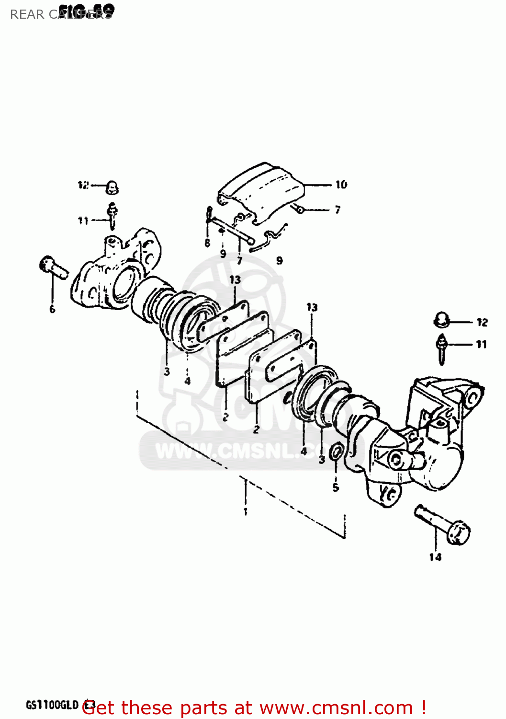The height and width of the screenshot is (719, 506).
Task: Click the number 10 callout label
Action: tap(341, 185)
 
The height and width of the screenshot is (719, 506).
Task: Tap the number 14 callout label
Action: tap(435, 557)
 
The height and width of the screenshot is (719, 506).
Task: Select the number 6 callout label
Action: tap(52, 309)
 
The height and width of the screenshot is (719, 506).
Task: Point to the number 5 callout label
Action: tap(336, 487)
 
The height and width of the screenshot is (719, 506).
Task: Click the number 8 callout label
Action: tap(207, 243)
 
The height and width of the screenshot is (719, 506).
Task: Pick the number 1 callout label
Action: tap(245, 511)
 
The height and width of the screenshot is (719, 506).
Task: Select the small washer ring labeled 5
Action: tap(336, 452)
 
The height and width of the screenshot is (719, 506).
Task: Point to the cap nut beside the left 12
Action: tap(112, 187)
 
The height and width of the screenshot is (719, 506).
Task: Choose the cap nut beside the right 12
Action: tap(441, 320)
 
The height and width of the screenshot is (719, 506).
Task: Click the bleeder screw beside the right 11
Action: tap(441, 349)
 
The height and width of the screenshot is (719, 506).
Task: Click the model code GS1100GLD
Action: tap(52, 705)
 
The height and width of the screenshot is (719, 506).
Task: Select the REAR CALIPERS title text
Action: tap(61, 14)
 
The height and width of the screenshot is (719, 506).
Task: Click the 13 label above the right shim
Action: tap(312, 307)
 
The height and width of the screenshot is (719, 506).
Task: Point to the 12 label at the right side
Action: tap(482, 323)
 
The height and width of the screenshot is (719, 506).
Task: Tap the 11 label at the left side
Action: tap(83, 220)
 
